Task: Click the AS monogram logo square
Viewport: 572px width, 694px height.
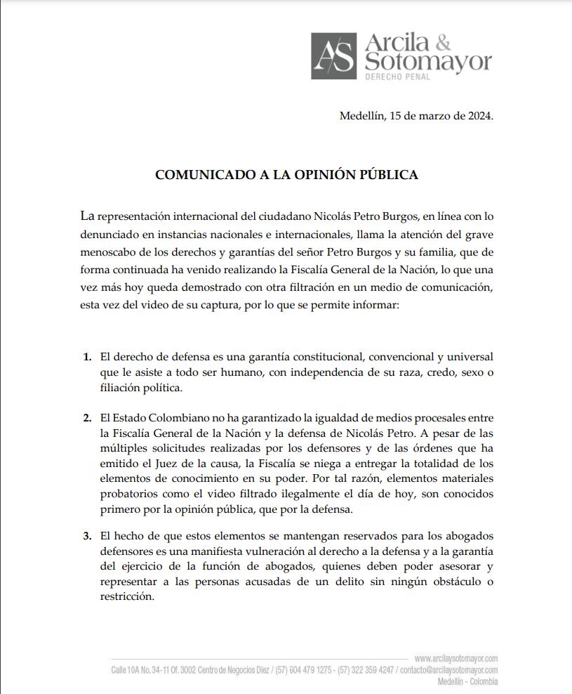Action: tap(335, 55)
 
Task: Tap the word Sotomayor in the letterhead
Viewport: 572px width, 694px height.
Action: tap(428, 62)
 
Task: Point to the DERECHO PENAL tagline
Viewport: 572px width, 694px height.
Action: tap(397, 76)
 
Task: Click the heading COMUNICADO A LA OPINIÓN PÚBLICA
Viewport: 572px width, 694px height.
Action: tap(286, 175)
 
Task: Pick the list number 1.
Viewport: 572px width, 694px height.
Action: tap(87, 357)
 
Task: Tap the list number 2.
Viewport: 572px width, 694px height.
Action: tap(87, 418)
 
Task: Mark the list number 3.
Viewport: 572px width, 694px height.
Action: tap(87, 536)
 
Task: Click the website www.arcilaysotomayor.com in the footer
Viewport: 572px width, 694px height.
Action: tap(455, 658)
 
